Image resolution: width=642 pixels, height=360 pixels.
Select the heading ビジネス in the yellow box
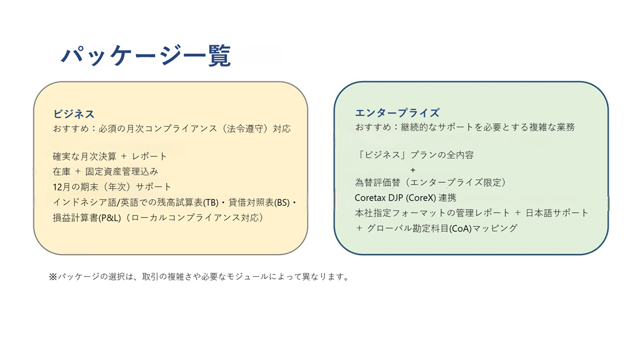pyautogui.click(x=74, y=114)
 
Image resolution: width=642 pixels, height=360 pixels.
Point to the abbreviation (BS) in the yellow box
pyautogui.click(x=283, y=202)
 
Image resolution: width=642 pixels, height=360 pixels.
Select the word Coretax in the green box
pyautogui.click(x=371, y=198)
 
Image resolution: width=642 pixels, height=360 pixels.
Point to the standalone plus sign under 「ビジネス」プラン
pyautogui.click(x=413, y=170)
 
